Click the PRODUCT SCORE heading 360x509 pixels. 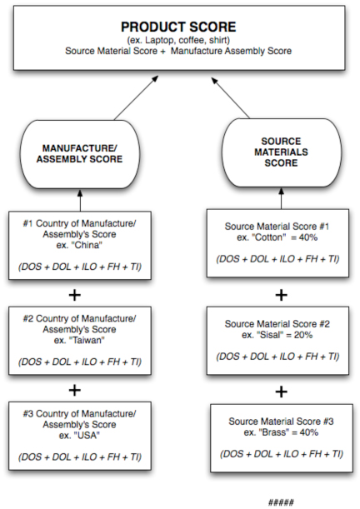click(178, 27)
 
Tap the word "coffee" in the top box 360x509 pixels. click(192, 40)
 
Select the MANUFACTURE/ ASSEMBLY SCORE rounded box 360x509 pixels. click(80, 154)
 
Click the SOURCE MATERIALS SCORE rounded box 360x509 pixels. click(281, 152)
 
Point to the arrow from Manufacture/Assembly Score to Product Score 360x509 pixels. click(137, 97)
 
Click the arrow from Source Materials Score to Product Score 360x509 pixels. click(231, 97)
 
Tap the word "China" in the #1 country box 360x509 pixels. click(87, 245)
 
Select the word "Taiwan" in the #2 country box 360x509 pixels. click(87, 340)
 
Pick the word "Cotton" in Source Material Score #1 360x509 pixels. click(269, 237)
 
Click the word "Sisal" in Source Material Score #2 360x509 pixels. click(270, 335)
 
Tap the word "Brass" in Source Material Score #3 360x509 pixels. click(273, 432)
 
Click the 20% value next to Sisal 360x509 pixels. click(303, 335)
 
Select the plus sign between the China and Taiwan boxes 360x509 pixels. click(75, 295)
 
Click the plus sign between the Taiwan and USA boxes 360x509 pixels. click(75, 390)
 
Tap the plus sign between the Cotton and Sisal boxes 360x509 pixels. click(282, 295)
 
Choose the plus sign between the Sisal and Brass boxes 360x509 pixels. click(282, 392)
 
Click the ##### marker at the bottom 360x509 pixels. click(281, 502)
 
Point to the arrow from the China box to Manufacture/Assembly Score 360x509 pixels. click(80, 200)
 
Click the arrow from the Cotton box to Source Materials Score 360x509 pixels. click(282, 198)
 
